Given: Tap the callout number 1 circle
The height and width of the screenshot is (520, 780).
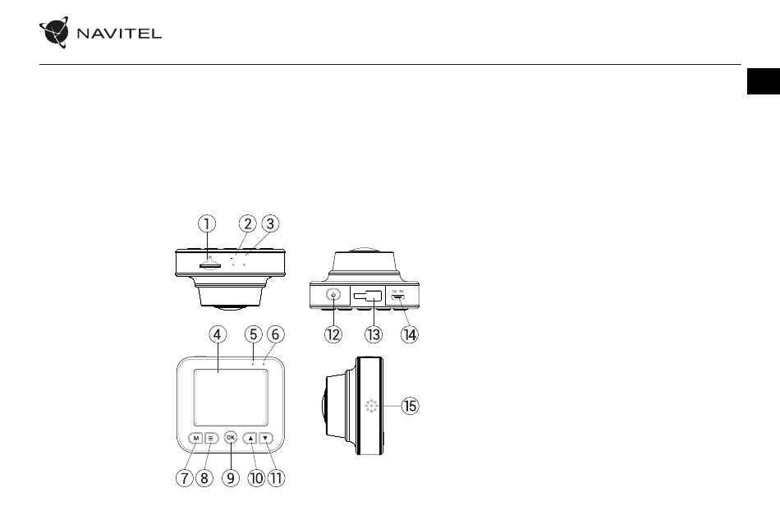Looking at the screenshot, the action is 208,223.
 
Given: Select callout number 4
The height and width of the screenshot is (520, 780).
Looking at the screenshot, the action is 217,335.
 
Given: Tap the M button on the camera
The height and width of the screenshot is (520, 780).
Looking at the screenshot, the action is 195,438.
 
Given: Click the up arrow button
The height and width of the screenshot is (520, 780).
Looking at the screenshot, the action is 250,438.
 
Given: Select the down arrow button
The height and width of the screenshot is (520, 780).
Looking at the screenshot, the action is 265,438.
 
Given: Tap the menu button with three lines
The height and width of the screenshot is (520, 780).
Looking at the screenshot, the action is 210,438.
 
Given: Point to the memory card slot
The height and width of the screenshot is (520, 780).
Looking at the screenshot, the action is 210,265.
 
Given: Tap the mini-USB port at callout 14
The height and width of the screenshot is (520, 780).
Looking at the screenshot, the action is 397,297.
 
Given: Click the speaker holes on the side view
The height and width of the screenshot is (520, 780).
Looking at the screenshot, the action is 371,406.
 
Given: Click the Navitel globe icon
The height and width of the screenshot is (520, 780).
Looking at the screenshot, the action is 54,34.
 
